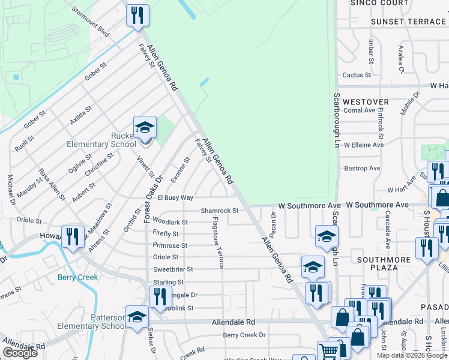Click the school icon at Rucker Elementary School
coord(145,128)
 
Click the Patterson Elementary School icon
coord(137,317)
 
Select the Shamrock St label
coord(220,211)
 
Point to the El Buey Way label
coord(175,197)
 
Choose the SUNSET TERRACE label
coord(408,22)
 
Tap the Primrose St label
coord(170,245)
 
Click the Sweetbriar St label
coord(173,269)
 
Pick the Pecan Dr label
coord(273,223)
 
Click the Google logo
coord(20,353)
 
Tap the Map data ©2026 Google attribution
coord(412,355)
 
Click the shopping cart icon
coord(328,352)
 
